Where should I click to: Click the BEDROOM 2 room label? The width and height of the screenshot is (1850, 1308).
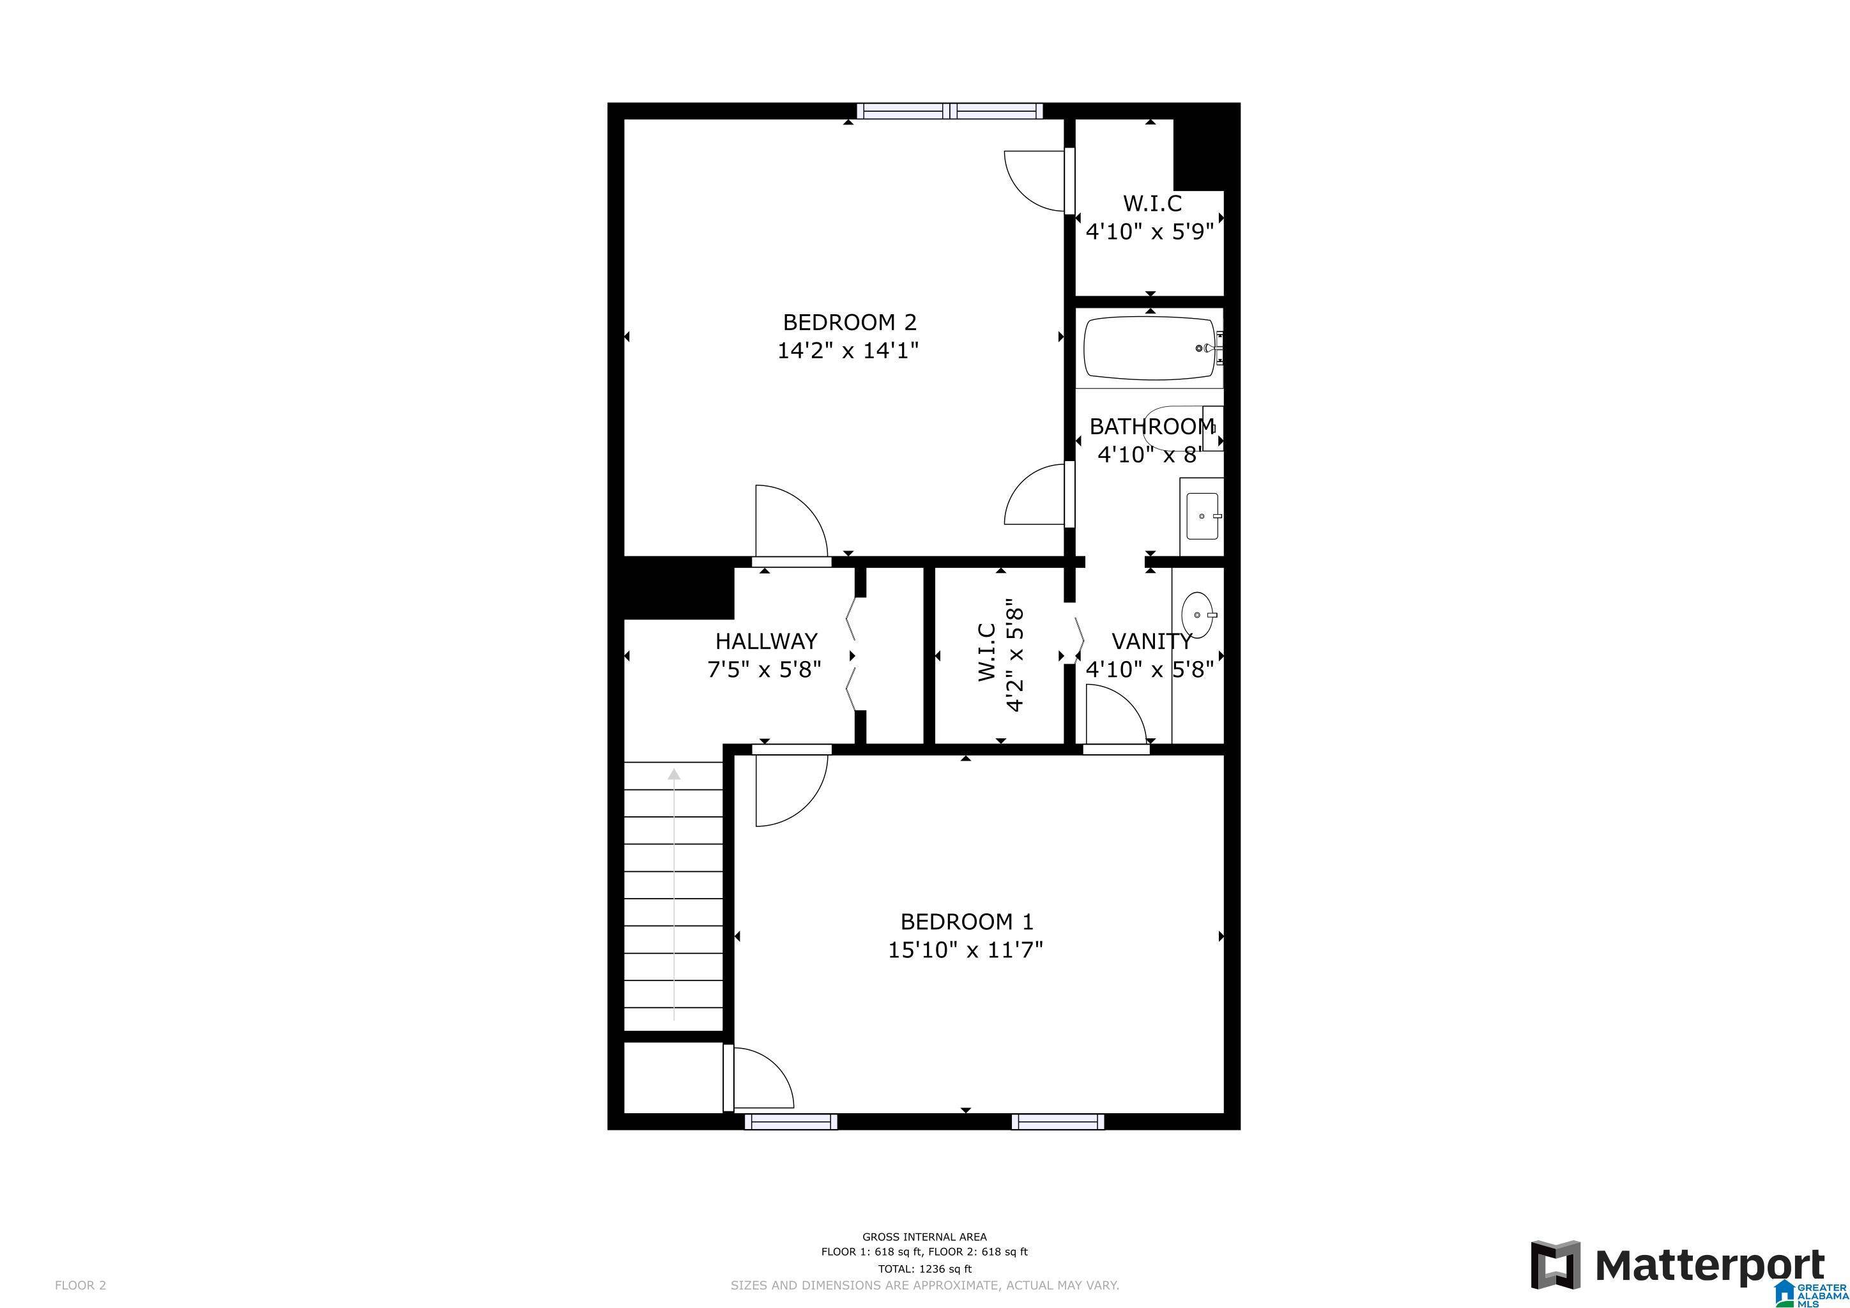[x=849, y=322]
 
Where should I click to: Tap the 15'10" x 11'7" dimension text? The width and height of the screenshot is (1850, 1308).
[x=965, y=950]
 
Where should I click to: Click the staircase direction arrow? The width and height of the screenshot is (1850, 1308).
[x=673, y=894]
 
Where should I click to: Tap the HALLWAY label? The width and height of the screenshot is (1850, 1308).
[x=767, y=641]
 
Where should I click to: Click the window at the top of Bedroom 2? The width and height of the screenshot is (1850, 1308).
[x=949, y=111]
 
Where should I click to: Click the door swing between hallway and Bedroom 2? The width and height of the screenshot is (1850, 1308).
[x=790, y=522]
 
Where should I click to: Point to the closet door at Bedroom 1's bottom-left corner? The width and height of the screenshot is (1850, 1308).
[x=760, y=1077]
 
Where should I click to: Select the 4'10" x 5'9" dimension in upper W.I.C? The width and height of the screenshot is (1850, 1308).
[x=1149, y=232]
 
